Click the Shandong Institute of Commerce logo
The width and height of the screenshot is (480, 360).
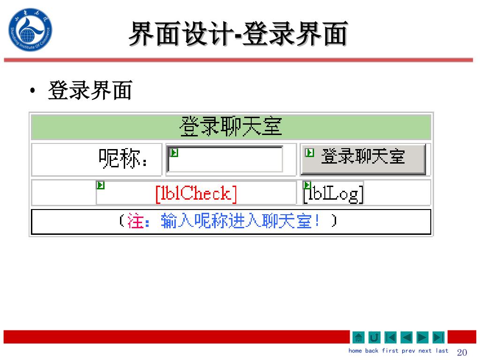tap(30, 30)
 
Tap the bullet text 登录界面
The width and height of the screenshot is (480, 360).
tap(90, 90)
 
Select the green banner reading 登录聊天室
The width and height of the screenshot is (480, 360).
tap(231, 127)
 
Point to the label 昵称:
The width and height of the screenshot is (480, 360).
tap(124, 159)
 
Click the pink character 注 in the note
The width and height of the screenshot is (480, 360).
tap(135, 221)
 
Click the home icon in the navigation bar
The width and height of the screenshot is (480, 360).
tap(358, 337)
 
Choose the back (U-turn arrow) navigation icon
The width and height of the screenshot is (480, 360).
tap(374, 337)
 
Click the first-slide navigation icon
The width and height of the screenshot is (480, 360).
tap(390, 337)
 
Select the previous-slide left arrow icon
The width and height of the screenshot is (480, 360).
tap(406, 337)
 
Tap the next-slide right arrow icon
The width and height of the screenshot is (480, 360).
tap(422, 337)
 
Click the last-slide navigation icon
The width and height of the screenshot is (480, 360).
tap(438, 337)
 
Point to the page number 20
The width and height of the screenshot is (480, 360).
tap(462, 352)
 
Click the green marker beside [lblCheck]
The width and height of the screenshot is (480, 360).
tap(100, 185)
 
